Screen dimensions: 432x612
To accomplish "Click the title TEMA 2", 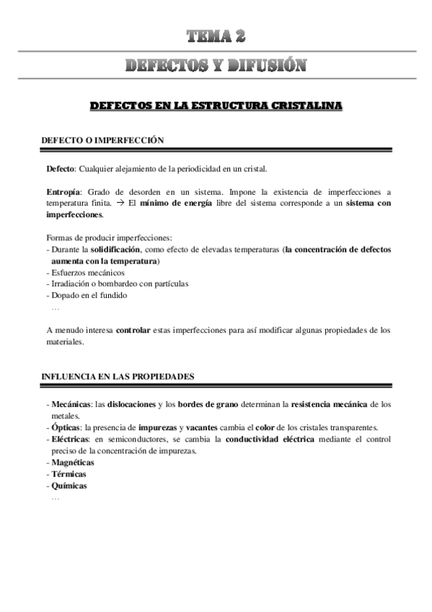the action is tap(216, 37).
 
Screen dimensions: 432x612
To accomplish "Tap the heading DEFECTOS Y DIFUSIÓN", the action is tap(216, 66).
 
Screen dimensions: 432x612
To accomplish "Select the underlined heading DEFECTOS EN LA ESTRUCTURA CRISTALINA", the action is tap(216, 106).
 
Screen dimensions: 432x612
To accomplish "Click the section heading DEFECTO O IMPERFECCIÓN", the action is tap(102, 140).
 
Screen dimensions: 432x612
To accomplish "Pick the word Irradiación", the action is tap(71, 284).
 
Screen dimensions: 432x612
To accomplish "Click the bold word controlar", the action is tap(133, 330).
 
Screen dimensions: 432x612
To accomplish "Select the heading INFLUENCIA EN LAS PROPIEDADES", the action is tap(116, 376).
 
